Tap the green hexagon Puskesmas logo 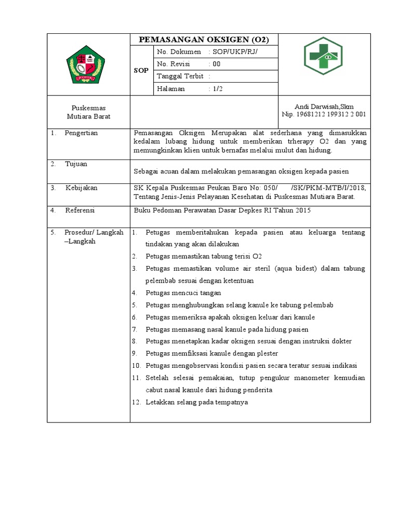tap(324, 56)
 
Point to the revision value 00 tap(216, 64)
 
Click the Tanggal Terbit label tap(180, 76)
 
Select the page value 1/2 tap(217, 89)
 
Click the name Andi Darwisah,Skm tap(324, 107)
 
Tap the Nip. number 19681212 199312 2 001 tap(324, 114)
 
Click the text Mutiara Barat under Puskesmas tap(88, 117)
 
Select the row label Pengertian tap(81, 133)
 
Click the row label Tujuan tap(76, 164)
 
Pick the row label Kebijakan tap(81, 188)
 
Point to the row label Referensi tap(80, 210)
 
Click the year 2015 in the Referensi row tap(302, 210)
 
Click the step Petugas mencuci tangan tap(183, 292)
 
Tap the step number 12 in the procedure tap(136, 402)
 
